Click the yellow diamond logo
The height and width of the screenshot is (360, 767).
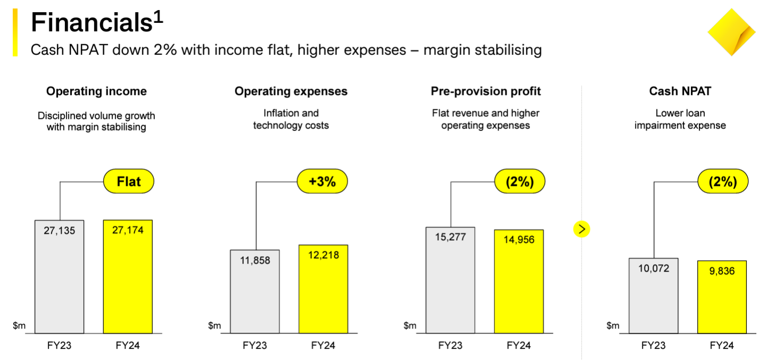click(x=731, y=32)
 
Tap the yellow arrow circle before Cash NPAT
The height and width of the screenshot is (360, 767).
click(x=582, y=229)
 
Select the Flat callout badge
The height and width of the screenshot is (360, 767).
click(x=128, y=182)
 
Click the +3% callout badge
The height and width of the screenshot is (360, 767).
click(x=322, y=182)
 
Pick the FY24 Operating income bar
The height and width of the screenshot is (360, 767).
click(x=128, y=277)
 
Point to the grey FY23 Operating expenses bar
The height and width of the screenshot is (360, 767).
click(x=255, y=292)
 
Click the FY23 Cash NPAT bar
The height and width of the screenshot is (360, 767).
click(x=653, y=296)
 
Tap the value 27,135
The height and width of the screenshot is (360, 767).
click(x=59, y=231)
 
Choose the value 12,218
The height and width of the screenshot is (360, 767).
click(x=323, y=255)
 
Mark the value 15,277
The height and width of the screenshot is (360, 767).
click(x=450, y=237)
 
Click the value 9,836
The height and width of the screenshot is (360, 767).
click(x=722, y=271)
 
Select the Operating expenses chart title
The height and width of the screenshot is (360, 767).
click(x=291, y=92)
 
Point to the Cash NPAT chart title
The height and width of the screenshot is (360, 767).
click(x=680, y=92)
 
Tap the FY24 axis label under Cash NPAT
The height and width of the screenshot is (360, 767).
click(x=722, y=346)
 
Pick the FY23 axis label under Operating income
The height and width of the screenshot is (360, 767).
click(x=59, y=346)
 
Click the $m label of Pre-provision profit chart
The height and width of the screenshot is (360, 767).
click(x=410, y=325)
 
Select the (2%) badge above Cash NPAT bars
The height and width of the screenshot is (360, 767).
click(x=723, y=182)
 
